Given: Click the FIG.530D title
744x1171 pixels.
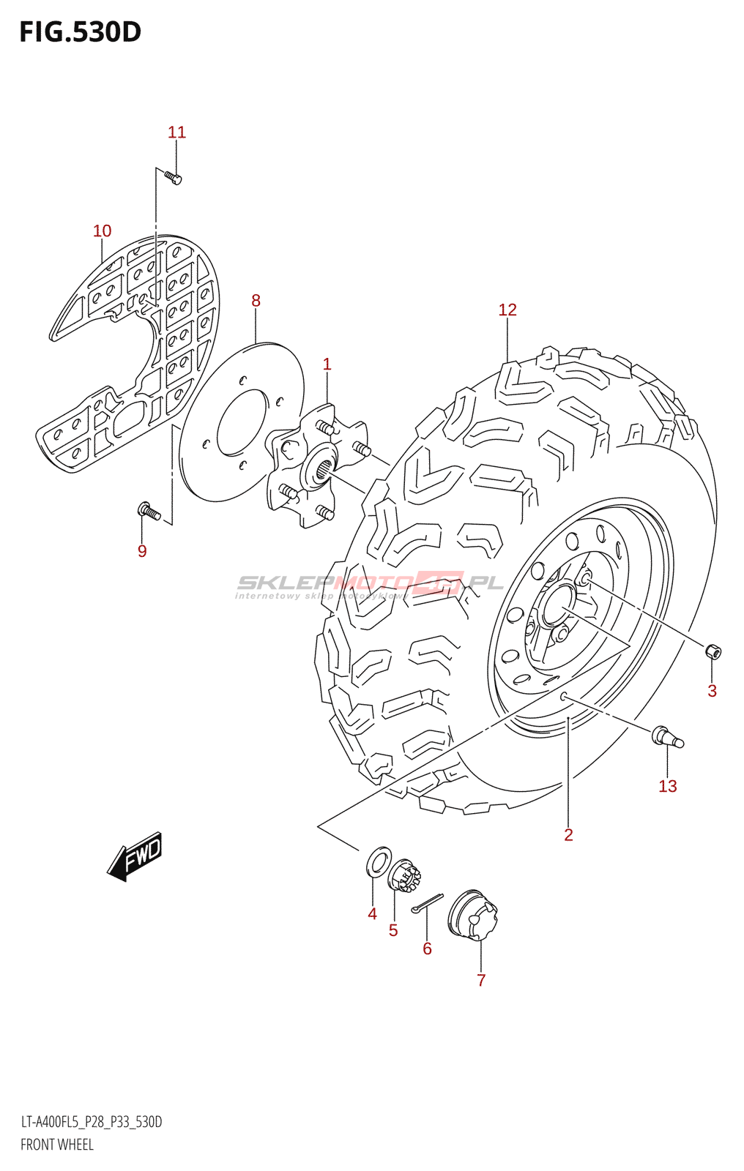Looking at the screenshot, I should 80,32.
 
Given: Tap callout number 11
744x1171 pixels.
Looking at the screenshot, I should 176,132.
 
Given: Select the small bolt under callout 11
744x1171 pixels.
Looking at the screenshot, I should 173,177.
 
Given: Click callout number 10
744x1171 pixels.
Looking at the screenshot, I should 102,231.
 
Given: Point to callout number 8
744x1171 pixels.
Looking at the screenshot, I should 256,300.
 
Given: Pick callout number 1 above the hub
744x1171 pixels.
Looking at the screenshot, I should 327,364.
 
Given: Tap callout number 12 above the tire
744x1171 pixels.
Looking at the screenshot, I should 507,310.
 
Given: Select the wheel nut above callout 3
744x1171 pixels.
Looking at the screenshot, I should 713,651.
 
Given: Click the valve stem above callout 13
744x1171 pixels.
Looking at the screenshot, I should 667,736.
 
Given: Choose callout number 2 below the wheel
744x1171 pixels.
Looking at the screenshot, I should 568,835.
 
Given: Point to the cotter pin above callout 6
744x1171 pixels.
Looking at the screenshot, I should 427,905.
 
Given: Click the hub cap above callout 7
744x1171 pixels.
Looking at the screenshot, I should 473,915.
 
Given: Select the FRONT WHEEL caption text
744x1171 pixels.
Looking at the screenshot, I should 57,1145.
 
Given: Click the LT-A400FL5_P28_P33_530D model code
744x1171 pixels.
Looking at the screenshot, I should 92,1122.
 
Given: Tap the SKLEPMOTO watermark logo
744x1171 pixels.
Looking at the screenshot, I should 370,584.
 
